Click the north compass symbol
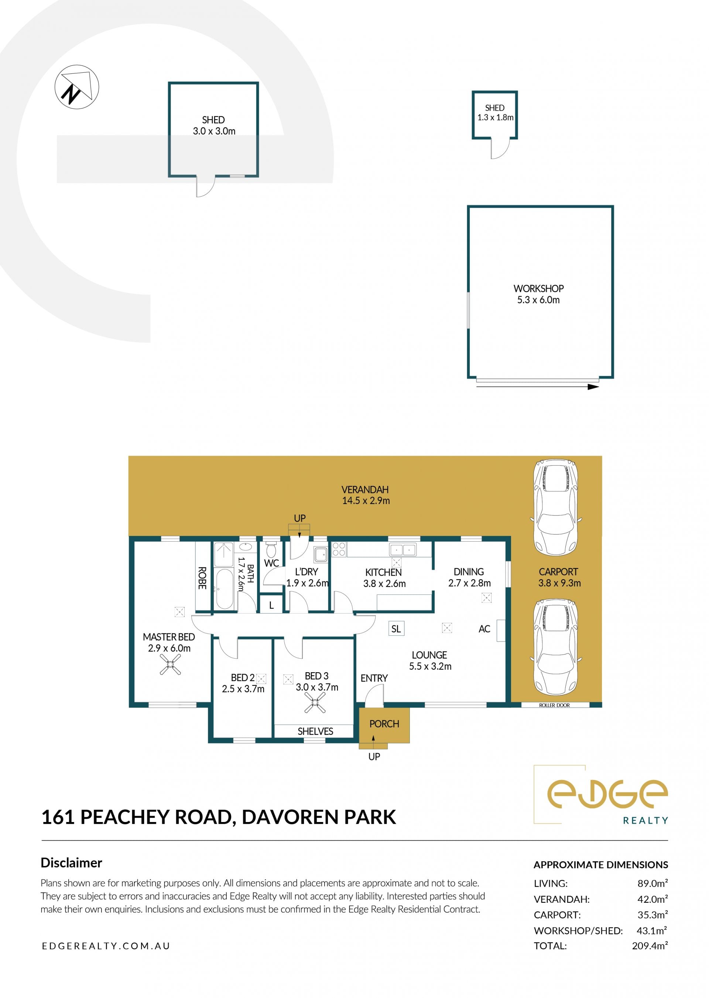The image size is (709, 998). [77, 87]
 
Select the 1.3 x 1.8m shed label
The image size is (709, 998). [495, 113]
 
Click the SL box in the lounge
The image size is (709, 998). [396, 629]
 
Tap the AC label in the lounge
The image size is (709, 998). [484, 629]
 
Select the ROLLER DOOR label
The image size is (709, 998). [554, 705]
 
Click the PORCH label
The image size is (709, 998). [384, 724]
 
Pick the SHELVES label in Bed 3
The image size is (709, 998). [315, 732]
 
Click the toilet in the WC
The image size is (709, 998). [271, 550]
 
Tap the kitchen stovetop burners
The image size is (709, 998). [339, 549]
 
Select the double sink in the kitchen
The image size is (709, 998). [403, 550]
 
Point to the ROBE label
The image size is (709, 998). [202, 578]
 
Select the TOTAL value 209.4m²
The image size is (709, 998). [650, 946]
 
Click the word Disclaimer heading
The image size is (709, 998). [71, 863]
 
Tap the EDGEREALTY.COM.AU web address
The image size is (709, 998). [106, 946]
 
